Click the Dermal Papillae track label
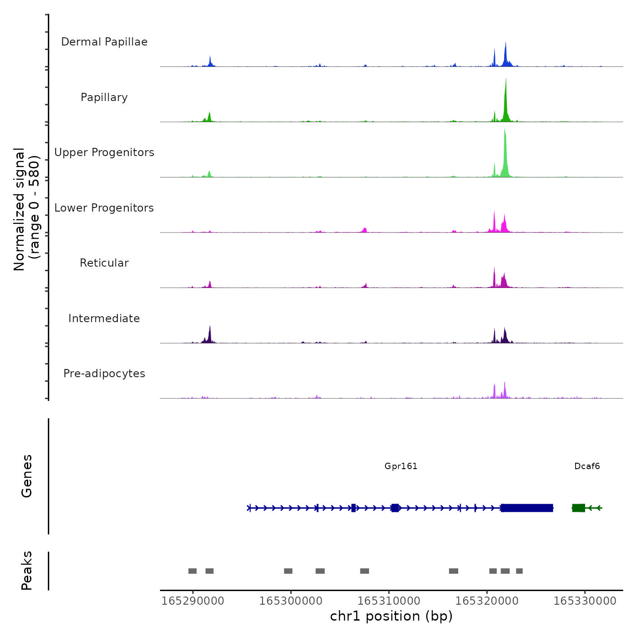(x=104, y=42)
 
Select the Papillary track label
(x=104, y=97)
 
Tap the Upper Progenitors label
(x=104, y=152)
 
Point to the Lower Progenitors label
(x=104, y=208)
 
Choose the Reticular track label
(x=104, y=263)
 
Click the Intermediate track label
(x=104, y=318)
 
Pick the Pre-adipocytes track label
(x=104, y=374)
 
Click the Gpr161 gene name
(x=401, y=466)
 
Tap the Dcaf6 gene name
(x=587, y=466)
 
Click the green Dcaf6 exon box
(x=578, y=508)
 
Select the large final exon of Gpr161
(x=527, y=508)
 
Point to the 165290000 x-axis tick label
(x=192, y=601)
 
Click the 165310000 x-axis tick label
(x=389, y=601)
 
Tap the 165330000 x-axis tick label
(x=585, y=601)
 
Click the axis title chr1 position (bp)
(x=391, y=616)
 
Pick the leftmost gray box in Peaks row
(x=192, y=571)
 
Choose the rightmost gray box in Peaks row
(x=519, y=571)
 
